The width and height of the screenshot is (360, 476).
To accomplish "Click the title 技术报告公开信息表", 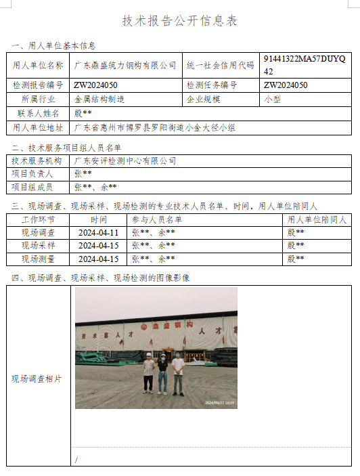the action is pyautogui.click(x=180, y=21).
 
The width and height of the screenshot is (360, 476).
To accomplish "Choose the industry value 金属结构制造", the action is pyautogui.click(x=99, y=99).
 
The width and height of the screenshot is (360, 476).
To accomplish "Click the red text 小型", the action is pyautogui.click(x=272, y=99).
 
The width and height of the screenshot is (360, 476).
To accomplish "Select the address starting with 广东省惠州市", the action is pyautogui.click(x=154, y=127).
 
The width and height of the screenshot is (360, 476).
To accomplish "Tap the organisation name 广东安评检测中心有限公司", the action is pyautogui.click(x=125, y=161).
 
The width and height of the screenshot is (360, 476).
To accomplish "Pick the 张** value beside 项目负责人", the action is pyautogui.click(x=83, y=173).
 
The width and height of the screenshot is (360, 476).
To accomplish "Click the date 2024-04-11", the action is pyautogui.click(x=98, y=232).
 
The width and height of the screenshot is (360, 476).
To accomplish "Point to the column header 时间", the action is pyautogui.click(x=98, y=220).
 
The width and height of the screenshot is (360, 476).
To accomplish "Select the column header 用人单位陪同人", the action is pyautogui.click(x=317, y=220).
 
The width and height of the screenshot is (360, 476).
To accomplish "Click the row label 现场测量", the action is pyautogui.click(x=38, y=259).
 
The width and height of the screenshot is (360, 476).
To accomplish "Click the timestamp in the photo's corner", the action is pyautogui.click(x=220, y=403).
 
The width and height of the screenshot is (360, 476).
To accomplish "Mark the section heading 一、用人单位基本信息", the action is pyautogui.click(x=53, y=46).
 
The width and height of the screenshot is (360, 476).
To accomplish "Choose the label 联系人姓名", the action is pyautogui.click(x=38, y=113).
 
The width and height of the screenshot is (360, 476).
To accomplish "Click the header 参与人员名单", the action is pyautogui.click(x=157, y=220).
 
